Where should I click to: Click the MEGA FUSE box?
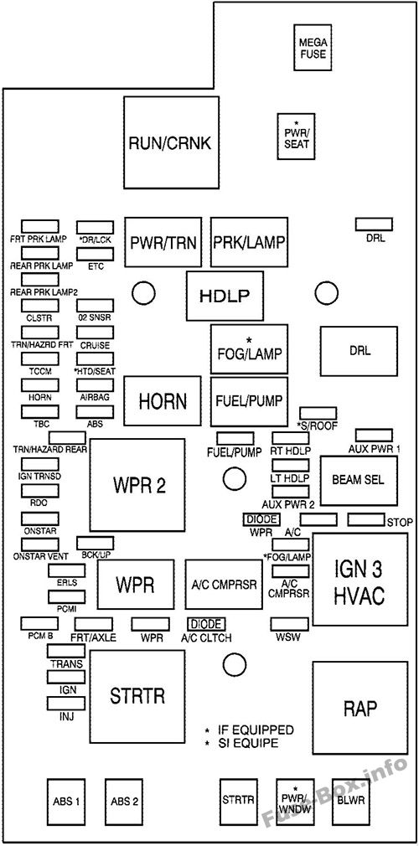310,47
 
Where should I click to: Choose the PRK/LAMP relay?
249,243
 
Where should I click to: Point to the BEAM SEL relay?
358,480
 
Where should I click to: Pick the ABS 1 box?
65,801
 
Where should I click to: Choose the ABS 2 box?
124,801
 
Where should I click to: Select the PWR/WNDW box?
295,800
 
